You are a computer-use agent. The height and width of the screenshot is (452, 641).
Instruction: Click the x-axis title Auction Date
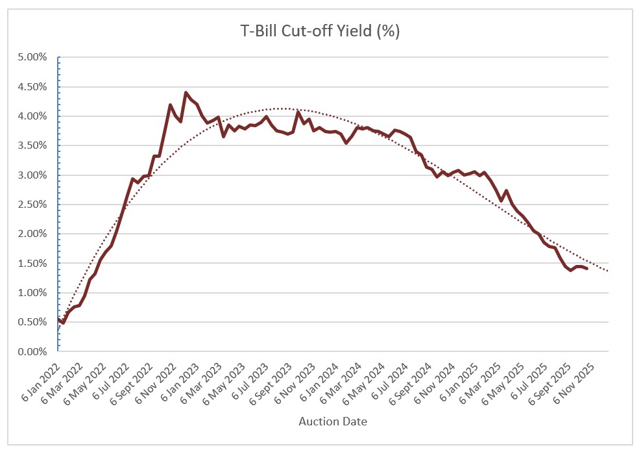click(333, 421)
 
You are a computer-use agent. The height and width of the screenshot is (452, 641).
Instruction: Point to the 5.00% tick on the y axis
click(32, 58)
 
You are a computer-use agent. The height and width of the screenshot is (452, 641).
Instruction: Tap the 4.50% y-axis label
click(32, 87)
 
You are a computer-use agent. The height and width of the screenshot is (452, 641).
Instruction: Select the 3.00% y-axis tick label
click(32, 175)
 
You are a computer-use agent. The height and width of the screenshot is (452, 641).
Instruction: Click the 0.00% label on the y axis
click(32, 352)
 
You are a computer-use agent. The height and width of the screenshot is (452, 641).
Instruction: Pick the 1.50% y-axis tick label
click(32, 264)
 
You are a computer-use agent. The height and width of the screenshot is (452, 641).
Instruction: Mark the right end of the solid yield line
click(587, 268)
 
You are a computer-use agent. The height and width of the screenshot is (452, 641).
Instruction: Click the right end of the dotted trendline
click(608, 271)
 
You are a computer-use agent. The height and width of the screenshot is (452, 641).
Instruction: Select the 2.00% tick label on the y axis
click(32, 234)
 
